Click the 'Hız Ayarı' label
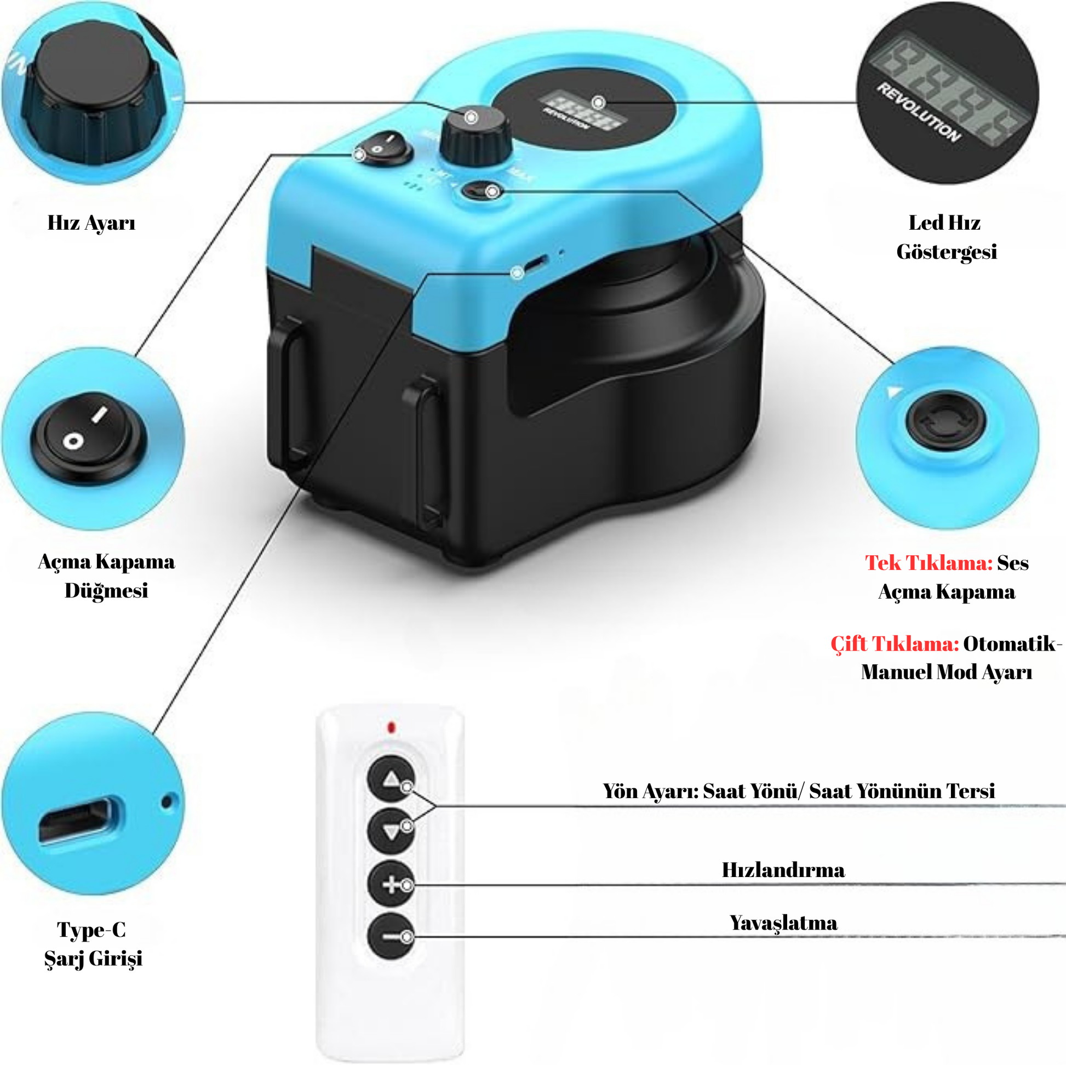[x=91, y=223]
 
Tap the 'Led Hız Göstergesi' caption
[x=945, y=237]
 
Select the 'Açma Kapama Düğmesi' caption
[x=106, y=576]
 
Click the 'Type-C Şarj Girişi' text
[x=93, y=943]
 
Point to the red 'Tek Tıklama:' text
[x=929, y=562]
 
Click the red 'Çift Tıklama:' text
[x=895, y=643]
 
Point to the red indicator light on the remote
[x=391, y=727]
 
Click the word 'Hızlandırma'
[x=783, y=870]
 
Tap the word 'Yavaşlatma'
[x=783, y=923]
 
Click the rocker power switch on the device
[x=383, y=147]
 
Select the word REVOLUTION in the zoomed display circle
[x=919, y=112]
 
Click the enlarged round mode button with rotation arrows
[x=945, y=422]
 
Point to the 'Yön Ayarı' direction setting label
[x=798, y=790]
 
